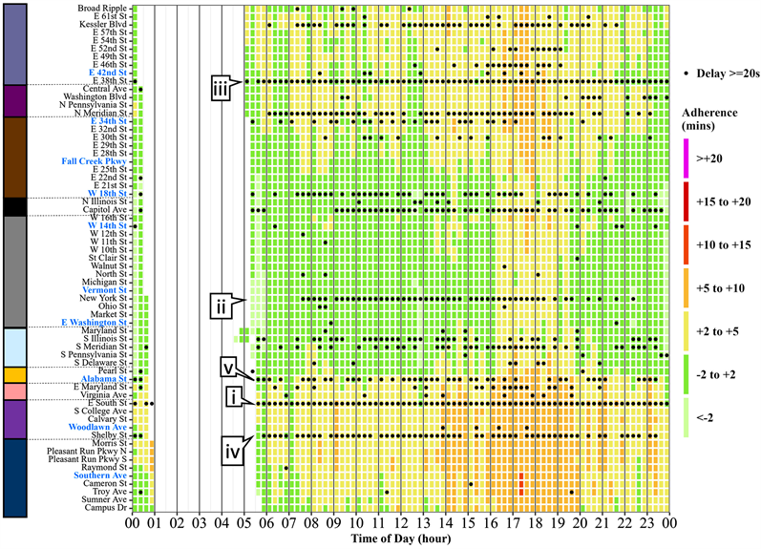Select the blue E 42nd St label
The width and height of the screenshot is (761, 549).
(x=107, y=72)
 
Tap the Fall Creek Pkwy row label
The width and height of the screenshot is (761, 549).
(x=95, y=161)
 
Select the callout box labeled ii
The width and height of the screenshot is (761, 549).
(x=222, y=307)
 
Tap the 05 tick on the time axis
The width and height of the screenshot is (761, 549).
(x=243, y=523)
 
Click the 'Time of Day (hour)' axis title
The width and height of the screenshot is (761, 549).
(x=400, y=539)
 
